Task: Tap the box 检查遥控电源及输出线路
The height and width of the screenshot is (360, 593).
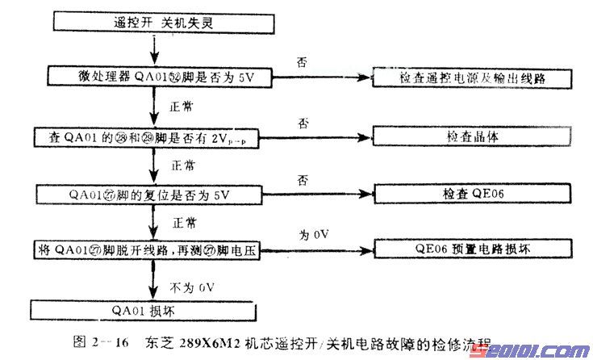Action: pyautogui.click(x=474, y=78)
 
